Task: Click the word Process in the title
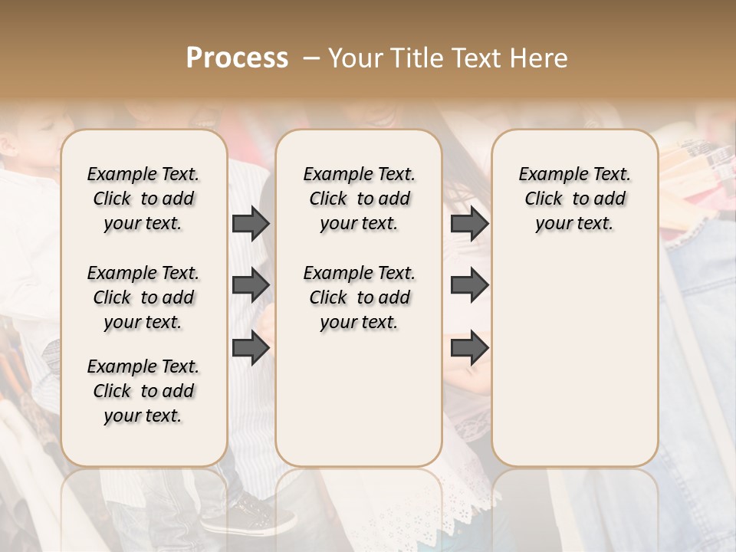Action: point(237,58)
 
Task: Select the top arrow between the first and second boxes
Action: point(251,223)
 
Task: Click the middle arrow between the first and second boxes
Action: point(251,286)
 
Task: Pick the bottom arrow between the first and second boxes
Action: point(251,348)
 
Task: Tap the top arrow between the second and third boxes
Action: point(469,223)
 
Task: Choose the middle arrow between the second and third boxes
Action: point(469,286)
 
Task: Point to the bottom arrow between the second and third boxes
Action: point(469,348)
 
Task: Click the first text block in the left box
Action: point(143,199)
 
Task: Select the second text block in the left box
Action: point(143,297)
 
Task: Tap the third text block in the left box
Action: point(143,391)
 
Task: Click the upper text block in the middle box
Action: point(359,199)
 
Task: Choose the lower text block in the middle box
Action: point(359,297)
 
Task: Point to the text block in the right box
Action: point(574,199)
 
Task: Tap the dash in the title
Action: point(310,58)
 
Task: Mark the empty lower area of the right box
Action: point(574,360)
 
